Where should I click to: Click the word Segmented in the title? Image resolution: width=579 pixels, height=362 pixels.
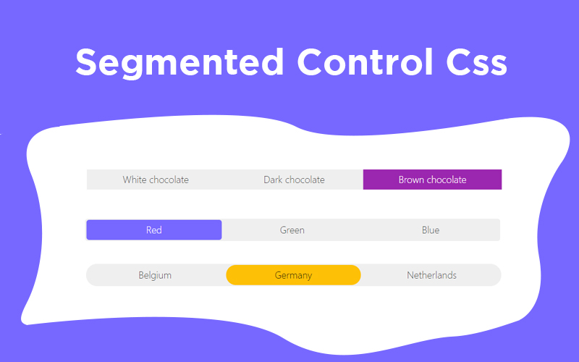click(x=179, y=63)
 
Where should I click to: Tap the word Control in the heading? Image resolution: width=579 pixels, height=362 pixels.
click(x=365, y=62)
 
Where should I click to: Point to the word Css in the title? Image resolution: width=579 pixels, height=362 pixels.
click(x=477, y=62)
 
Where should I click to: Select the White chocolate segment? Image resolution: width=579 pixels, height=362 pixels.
click(x=156, y=180)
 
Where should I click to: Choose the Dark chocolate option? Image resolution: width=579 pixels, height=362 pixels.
click(x=294, y=180)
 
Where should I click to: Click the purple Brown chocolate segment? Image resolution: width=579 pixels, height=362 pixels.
click(x=432, y=180)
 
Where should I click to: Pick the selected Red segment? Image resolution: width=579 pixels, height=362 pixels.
click(x=154, y=230)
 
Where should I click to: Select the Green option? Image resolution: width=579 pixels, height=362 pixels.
click(x=292, y=230)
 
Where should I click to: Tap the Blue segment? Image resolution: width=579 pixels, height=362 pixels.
click(x=431, y=230)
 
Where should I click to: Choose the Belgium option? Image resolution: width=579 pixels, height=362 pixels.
click(x=155, y=275)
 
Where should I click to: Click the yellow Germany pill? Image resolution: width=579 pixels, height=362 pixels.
click(x=293, y=275)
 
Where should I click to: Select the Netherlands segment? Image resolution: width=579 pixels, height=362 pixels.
click(x=431, y=275)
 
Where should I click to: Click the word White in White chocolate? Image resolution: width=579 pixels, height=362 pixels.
click(x=135, y=180)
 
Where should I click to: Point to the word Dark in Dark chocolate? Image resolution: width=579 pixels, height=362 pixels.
click(x=273, y=180)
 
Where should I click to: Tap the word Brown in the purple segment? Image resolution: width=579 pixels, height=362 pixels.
click(x=411, y=180)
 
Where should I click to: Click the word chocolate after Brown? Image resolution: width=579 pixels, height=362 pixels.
click(x=446, y=180)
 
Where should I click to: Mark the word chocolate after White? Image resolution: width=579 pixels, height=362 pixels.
click(x=169, y=180)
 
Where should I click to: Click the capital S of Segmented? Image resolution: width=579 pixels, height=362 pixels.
click(x=88, y=62)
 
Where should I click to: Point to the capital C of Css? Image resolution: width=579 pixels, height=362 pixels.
click(x=460, y=62)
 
